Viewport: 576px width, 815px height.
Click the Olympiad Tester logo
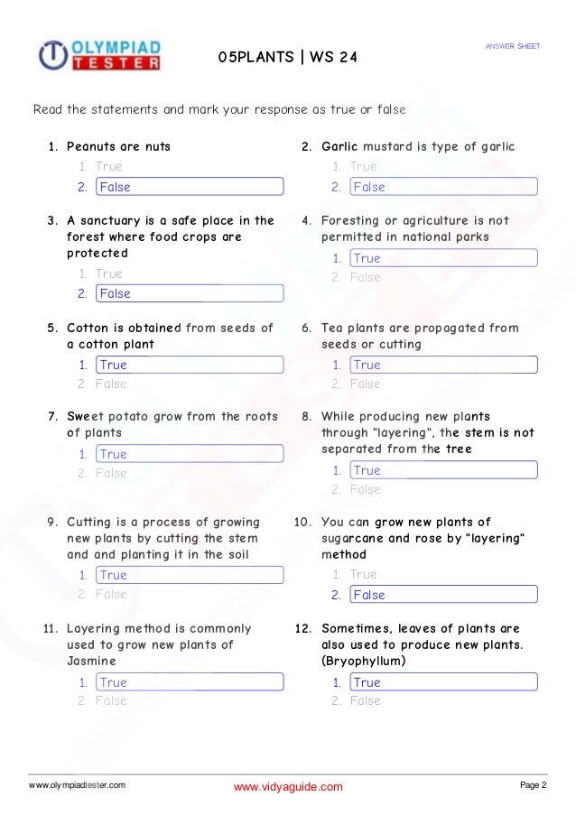[x=100, y=54]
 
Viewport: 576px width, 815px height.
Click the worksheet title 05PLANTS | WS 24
[x=288, y=58]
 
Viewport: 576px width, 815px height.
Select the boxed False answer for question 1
[x=190, y=187]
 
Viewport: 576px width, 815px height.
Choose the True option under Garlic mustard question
[x=364, y=166]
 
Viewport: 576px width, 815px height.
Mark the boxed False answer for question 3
[x=190, y=293]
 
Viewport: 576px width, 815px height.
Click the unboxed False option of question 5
[x=111, y=384]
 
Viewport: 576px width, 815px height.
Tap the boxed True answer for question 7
[x=190, y=454]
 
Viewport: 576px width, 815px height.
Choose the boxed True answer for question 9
[x=190, y=575]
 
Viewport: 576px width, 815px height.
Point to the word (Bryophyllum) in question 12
[x=364, y=662]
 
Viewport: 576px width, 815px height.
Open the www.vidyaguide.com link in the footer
[x=288, y=787]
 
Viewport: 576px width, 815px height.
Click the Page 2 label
[x=534, y=785]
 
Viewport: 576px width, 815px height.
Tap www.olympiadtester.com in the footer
[x=78, y=785]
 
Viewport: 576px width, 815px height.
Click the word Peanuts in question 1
[x=91, y=146]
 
